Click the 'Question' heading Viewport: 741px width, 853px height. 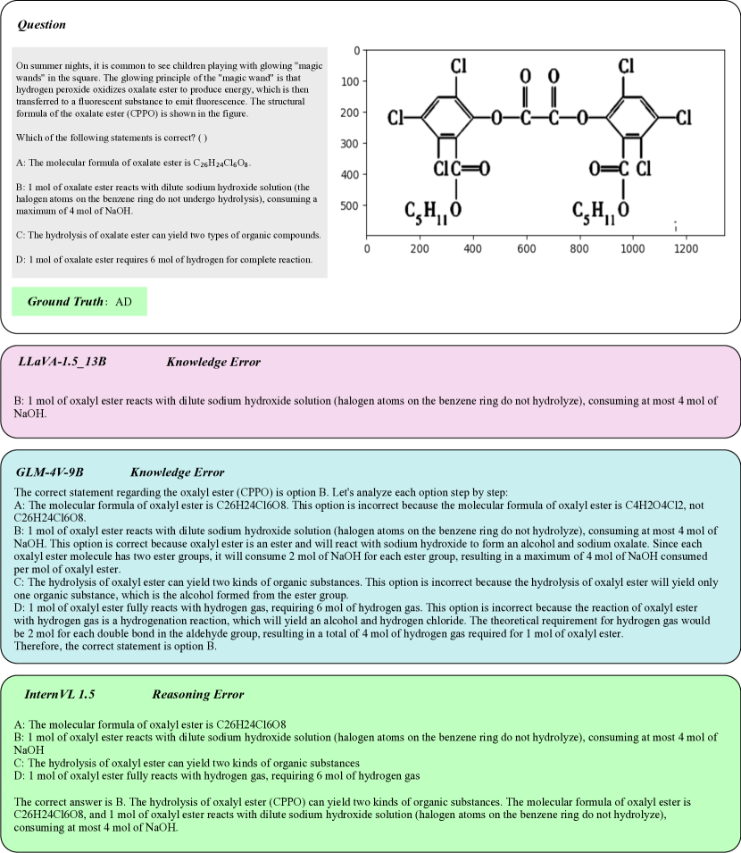pyautogui.click(x=42, y=25)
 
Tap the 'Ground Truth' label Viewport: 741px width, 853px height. pyautogui.click(x=65, y=302)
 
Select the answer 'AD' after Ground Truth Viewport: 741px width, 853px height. pyautogui.click(x=124, y=302)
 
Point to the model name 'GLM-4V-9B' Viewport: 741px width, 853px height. pyautogui.click(x=50, y=472)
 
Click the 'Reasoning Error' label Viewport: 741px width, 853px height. pyautogui.click(x=197, y=694)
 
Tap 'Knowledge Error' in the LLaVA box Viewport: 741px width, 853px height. pyautogui.click(x=213, y=362)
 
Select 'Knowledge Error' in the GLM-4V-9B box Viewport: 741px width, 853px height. pyautogui.click(x=177, y=472)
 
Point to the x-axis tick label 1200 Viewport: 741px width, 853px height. pyautogui.click(x=685, y=248)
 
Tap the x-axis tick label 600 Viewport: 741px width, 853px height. pyautogui.click(x=526, y=248)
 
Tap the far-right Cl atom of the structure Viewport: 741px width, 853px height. pyautogui.click(x=685, y=118)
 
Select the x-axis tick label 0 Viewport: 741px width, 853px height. pyautogui.click(x=367, y=248)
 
